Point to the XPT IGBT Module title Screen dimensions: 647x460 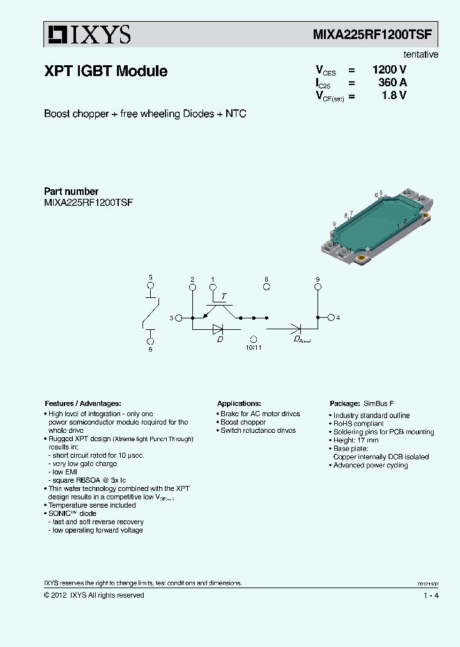105,72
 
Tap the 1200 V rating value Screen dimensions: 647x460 389,70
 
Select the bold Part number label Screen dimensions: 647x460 71,191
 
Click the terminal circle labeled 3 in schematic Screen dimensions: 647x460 179,317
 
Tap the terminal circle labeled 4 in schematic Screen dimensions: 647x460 331,317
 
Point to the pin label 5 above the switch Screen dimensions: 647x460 151,277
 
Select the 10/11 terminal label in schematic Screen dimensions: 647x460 253,347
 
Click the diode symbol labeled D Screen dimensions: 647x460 218,329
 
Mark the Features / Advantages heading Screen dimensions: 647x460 82,403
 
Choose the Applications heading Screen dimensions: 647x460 239,403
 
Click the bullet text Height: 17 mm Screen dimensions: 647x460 355,440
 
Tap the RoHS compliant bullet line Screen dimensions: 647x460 358,424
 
